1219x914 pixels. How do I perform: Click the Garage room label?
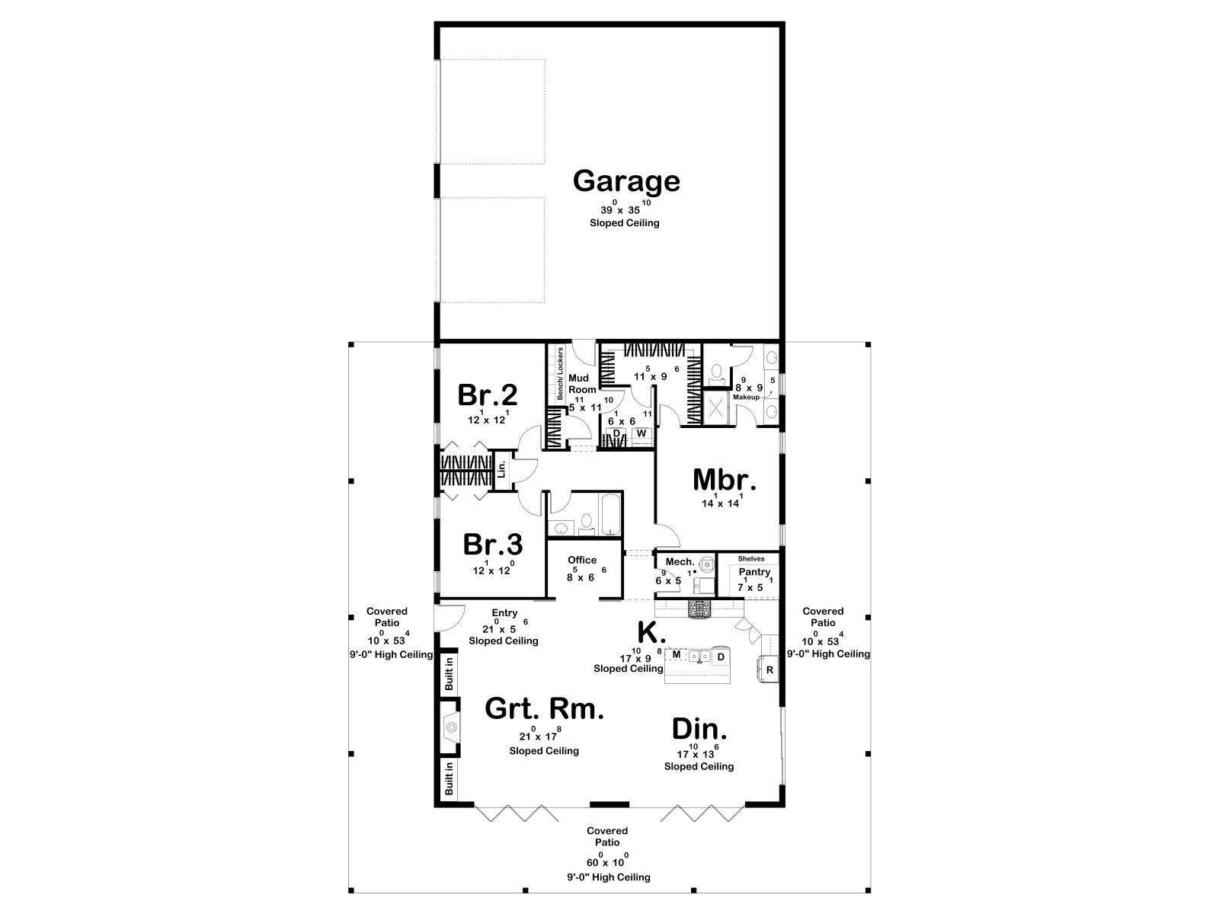[x=626, y=181]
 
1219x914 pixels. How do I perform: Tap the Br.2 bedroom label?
[x=487, y=395]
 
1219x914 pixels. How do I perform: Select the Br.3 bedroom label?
[x=493, y=544]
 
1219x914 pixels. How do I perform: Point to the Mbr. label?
[x=725, y=480]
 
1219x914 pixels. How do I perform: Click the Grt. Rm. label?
[x=544, y=708]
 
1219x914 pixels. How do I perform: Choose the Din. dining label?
[x=699, y=729]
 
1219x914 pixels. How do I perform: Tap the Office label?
[x=582, y=560]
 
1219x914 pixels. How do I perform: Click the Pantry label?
[x=754, y=572]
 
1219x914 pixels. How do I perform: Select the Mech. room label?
[x=680, y=561]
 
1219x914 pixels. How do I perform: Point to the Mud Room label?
[x=581, y=383]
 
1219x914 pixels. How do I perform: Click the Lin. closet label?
[x=502, y=469]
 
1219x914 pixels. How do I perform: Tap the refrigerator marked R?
[x=769, y=670]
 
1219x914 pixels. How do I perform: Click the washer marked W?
[x=641, y=433]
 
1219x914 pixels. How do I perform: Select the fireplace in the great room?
[x=450, y=727]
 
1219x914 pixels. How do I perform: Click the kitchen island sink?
[x=699, y=657]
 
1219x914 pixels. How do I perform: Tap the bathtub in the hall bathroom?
[x=609, y=514]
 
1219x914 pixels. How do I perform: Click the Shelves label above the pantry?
[x=751, y=558]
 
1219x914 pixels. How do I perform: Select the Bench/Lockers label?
[x=560, y=373]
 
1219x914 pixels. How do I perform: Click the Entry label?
[x=504, y=612]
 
